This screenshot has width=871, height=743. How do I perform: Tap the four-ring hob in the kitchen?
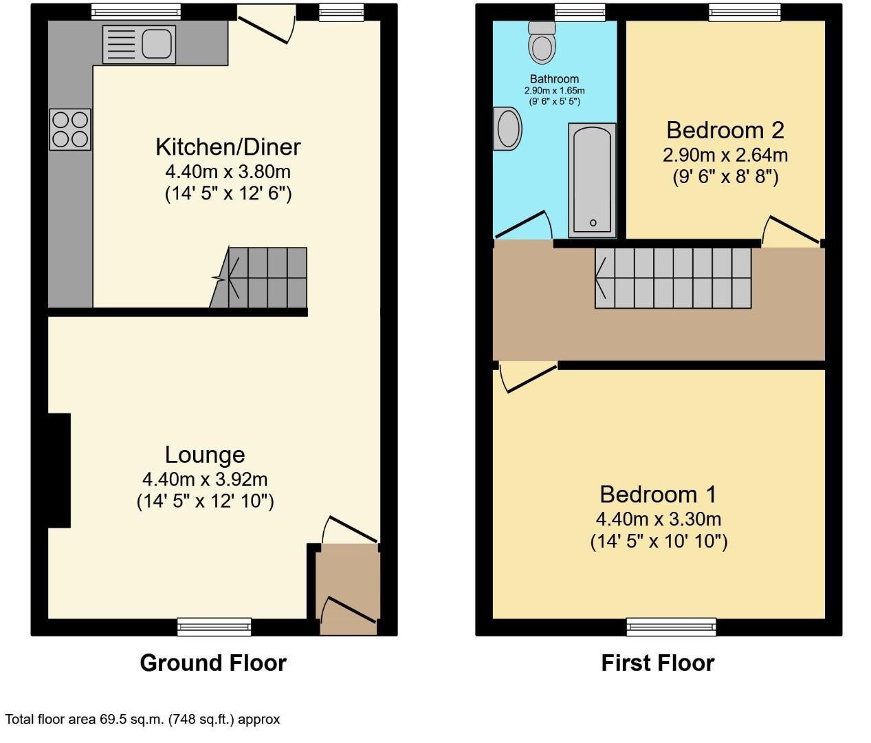(70, 129)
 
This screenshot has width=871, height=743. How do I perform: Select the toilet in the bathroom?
(542, 43)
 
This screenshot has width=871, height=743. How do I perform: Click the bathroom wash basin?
(509, 129)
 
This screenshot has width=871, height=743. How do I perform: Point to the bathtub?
(592, 180)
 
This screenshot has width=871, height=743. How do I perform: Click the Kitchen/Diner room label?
(228, 147)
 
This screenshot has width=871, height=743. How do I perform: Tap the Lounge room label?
(205, 455)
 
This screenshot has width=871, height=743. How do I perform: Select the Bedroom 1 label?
(658, 494)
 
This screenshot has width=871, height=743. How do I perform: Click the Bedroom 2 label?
(725, 130)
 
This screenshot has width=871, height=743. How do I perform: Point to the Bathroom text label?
(554, 79)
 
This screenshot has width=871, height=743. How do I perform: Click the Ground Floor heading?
(213, 663)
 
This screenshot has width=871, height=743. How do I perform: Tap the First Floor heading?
(658, 663)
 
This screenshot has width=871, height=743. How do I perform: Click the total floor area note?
(142, 720)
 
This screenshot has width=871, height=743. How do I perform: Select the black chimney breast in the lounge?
(59, 470)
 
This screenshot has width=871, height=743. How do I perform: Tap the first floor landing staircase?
(674, 277)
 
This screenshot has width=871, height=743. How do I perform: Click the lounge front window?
(214, 626)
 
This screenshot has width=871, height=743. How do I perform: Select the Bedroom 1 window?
(671, 626)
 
